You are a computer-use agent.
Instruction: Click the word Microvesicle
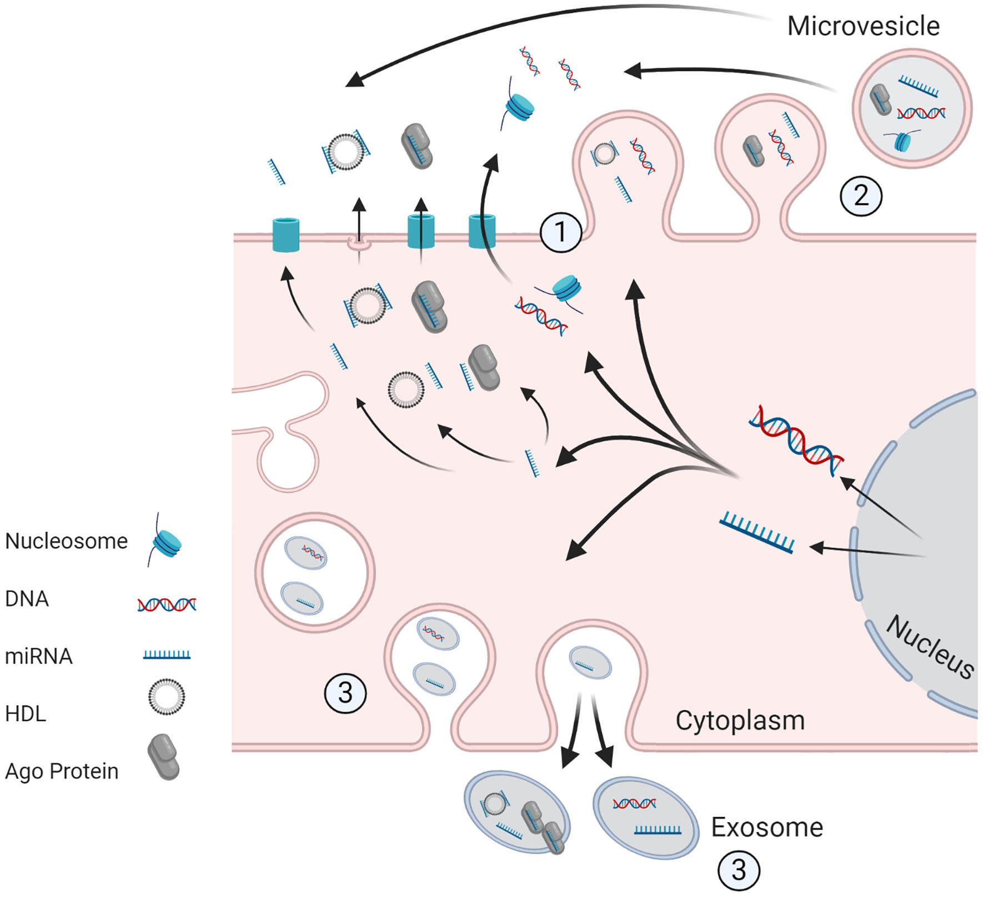(x=863, y=26)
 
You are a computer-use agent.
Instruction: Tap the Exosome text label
(x=766, y=827)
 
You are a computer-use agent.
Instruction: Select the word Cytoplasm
(x=740, y=721)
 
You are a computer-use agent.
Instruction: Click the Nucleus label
(x=930, y=647)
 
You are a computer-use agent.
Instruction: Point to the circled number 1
(x=560, y=232)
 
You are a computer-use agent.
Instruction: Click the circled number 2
(x=861, y=196)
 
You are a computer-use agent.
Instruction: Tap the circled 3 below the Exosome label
(x=739, y=870)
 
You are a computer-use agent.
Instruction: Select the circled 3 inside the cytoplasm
(x=345, y=693)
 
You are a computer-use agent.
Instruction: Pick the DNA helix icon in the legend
(x=167, y=604)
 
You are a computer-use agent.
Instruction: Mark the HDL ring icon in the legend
(x=166, y=697)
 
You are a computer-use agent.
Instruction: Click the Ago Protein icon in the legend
(x=163, y=757)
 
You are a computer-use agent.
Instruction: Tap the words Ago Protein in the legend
(x=62, y=771)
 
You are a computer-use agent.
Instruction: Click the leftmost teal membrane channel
(x=286, y=235)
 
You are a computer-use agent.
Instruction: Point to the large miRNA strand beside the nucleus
(x=757, y=533)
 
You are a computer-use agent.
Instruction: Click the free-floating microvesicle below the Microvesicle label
(x=911, y=108)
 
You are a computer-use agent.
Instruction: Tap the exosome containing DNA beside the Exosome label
(x=645, y=817)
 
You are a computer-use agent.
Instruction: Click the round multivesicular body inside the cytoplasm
(x=314, y=572)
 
